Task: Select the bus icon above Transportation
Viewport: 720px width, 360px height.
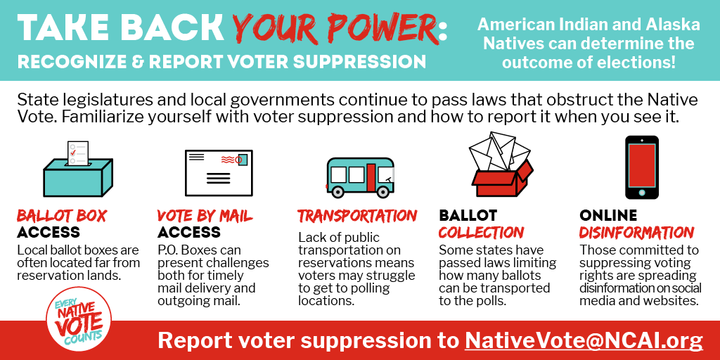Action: pyautogui.click(x=360, y=177)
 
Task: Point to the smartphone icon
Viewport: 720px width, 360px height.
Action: pyautogui.click(x=641, y=167)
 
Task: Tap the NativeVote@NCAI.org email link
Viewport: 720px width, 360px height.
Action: pyautogui.click(x=584, y=341)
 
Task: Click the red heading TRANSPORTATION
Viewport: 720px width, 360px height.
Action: pyautogui.click(x=357, y=216)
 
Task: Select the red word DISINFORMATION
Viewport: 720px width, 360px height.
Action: pyautogui.click(x=636, y=232)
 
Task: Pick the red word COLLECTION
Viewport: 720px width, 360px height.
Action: pyautogui.click(x=481, y=232)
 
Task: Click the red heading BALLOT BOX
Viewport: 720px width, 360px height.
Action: pyautogui.click(x=62, y=216)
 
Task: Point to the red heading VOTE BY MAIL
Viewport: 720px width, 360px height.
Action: pyautogui.click(x=205, y=216)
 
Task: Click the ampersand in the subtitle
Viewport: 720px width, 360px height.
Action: pyautogui.click(x=138, y=62)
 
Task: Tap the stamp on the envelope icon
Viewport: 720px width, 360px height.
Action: pyautogui.click(x=242, y=160)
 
